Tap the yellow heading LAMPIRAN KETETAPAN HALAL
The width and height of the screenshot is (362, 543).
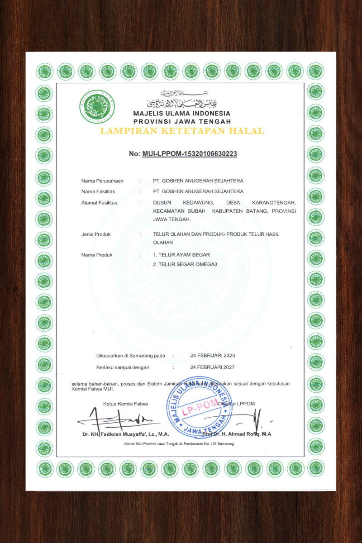(182, 131)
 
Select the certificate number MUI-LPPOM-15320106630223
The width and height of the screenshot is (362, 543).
(190, 154)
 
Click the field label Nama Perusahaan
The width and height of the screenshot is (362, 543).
(102, 181)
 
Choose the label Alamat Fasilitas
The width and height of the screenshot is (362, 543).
(99, 203)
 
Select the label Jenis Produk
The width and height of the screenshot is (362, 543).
(96, 234)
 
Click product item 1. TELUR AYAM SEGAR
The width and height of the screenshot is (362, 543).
(181, 255)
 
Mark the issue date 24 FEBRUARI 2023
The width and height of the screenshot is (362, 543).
(213, 356)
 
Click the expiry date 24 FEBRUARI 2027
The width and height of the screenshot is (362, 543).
(213, 367)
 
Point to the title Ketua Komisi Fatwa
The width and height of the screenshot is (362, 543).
(125, 404)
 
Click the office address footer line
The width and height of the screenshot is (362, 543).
(179, 444)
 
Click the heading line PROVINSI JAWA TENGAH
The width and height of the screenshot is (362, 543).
(182, 121)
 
